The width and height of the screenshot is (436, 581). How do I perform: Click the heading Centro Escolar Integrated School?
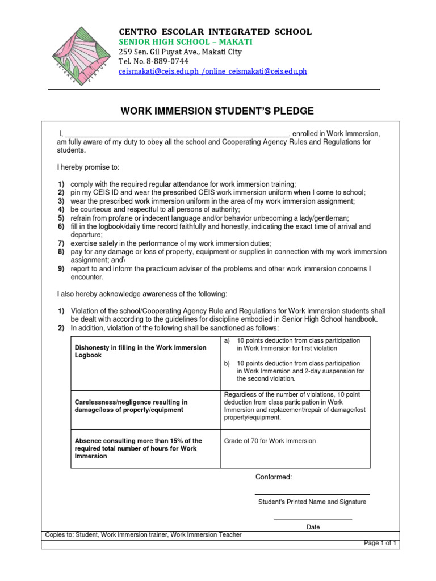tap(215, 32)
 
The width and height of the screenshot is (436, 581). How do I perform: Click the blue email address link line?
tap(212, 72)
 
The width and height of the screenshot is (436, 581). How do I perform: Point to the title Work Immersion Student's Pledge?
tap(217, 111)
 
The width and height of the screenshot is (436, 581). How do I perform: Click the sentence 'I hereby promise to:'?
tap(88, 167)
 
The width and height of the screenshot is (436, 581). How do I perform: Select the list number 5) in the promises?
tap(61, 218)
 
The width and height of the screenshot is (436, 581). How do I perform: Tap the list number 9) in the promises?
tap(61, 268)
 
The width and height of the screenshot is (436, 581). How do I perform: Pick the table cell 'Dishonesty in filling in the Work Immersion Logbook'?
tap(140, 351)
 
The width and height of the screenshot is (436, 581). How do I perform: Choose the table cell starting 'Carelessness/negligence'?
tap(131, 406)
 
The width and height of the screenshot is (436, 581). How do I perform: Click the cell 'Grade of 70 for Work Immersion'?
tap(270, 441)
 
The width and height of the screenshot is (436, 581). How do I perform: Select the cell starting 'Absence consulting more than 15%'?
tap(138, 448)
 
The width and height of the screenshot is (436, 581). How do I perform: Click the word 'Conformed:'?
tap(274, 477)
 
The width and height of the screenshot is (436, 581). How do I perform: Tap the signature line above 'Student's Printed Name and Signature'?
tap(312, 494)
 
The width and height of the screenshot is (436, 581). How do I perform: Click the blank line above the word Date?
tap(312, 518)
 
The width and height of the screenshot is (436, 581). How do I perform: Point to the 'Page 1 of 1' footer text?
tap(380, 543)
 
